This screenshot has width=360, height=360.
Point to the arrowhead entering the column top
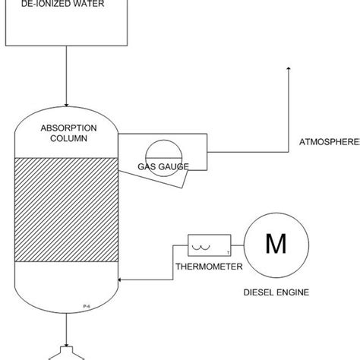67,104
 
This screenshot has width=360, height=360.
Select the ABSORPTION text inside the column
67,129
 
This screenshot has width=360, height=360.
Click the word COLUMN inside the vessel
67,140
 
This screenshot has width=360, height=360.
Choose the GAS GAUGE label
163,166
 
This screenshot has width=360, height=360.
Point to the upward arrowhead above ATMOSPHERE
289,71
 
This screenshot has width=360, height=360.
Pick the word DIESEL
259,290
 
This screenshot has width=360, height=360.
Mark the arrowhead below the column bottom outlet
67,346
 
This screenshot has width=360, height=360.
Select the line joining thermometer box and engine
237,245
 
